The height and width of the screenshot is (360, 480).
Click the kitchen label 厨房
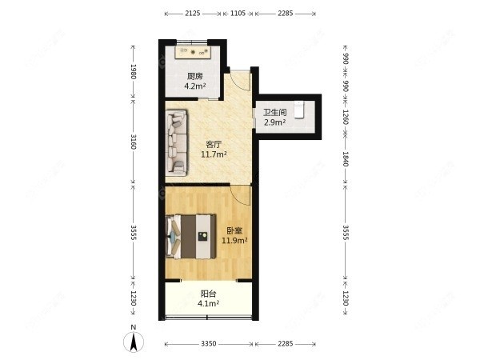195,76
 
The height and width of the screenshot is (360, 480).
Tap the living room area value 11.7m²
214,154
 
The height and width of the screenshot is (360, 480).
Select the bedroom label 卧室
234,230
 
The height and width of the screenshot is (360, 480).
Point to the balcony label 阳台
208,294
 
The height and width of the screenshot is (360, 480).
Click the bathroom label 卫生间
275,112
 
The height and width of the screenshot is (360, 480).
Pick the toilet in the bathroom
298,110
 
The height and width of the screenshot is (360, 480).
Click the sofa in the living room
177,143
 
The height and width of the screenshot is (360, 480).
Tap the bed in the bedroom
190,236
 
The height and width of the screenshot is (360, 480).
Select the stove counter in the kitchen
193,52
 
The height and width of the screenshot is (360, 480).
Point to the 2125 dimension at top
193,13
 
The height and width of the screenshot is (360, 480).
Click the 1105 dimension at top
238,13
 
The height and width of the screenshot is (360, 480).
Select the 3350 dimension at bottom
209,344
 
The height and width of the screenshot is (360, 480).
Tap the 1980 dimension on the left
133,72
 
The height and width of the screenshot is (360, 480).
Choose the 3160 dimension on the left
133,142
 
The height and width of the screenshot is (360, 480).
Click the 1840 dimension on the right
346,159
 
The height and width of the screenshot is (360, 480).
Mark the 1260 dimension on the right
346,117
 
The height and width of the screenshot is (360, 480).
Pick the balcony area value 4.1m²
208,304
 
